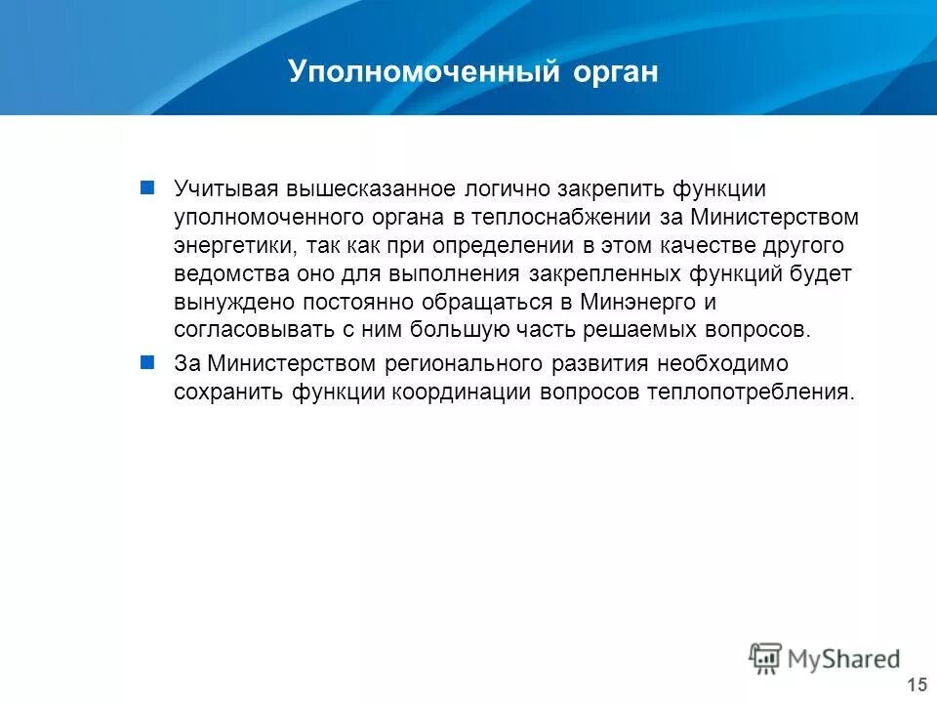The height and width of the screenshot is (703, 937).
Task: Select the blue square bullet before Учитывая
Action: [x=147, y=186]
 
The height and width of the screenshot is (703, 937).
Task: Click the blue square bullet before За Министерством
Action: [x=147, y=362]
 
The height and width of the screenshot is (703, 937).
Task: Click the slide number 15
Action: [x=917, y=684]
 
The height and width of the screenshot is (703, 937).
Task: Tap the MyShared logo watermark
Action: [x=825, y=658]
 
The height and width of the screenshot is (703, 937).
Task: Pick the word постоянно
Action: [x=345, y=302]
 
